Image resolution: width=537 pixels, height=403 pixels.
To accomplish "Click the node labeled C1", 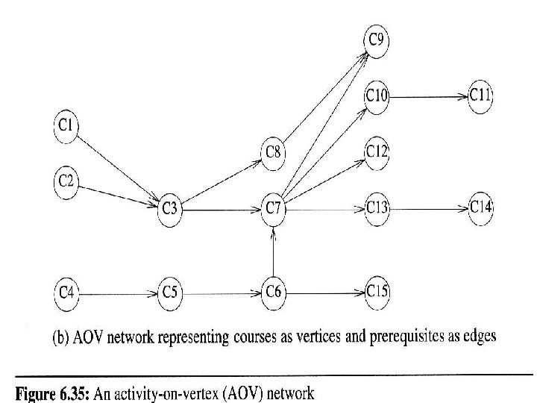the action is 66,126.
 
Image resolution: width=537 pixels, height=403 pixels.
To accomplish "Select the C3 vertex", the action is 170,209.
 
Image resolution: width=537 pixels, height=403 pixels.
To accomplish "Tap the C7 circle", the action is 273,209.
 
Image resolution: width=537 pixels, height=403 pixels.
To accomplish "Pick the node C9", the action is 377,42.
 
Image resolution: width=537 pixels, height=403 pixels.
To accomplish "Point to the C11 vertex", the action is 480,96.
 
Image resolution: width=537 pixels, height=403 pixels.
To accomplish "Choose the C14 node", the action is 480,208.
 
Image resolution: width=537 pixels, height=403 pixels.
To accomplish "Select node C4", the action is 66,294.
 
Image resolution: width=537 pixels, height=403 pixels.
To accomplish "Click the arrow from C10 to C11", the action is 428,97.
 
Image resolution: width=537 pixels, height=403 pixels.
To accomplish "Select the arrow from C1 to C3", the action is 118,168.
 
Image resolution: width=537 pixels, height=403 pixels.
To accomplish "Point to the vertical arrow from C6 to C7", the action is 273,252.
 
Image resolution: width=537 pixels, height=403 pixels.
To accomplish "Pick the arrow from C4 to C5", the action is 118,294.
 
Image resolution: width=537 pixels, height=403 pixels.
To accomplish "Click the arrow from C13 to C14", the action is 429,209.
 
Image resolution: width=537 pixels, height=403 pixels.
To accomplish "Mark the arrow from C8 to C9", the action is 326,96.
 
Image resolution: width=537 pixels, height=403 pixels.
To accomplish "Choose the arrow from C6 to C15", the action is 325,293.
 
